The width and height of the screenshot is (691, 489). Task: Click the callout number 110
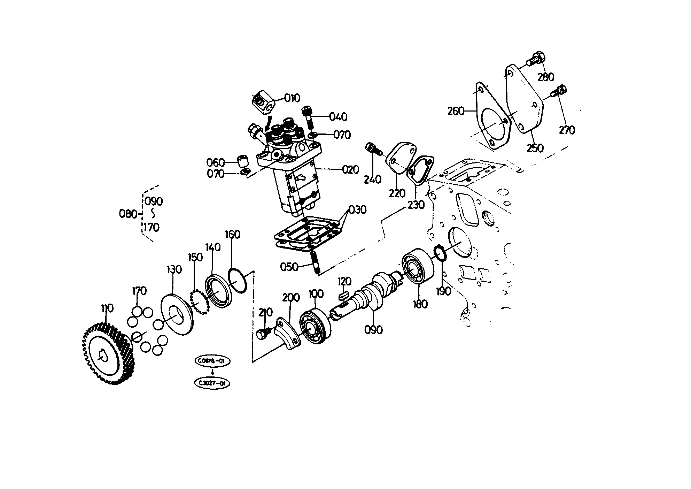pyautogui.click(x=108, y=308)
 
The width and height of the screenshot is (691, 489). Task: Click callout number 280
pyautogui.click(x=546, y=77)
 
